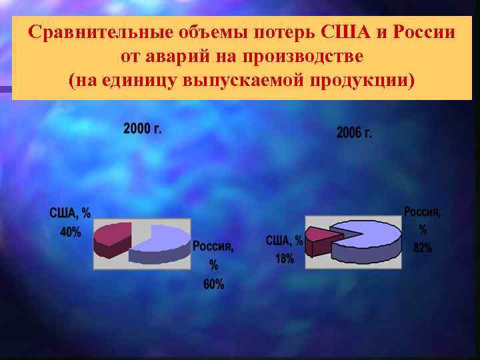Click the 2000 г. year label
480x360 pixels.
point(142,129)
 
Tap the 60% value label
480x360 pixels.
point(213,285)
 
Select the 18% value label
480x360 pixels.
point(285,259)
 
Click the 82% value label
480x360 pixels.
point(423,248)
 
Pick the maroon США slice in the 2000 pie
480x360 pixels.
point(111,238)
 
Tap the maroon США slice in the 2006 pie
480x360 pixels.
point(319,239)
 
